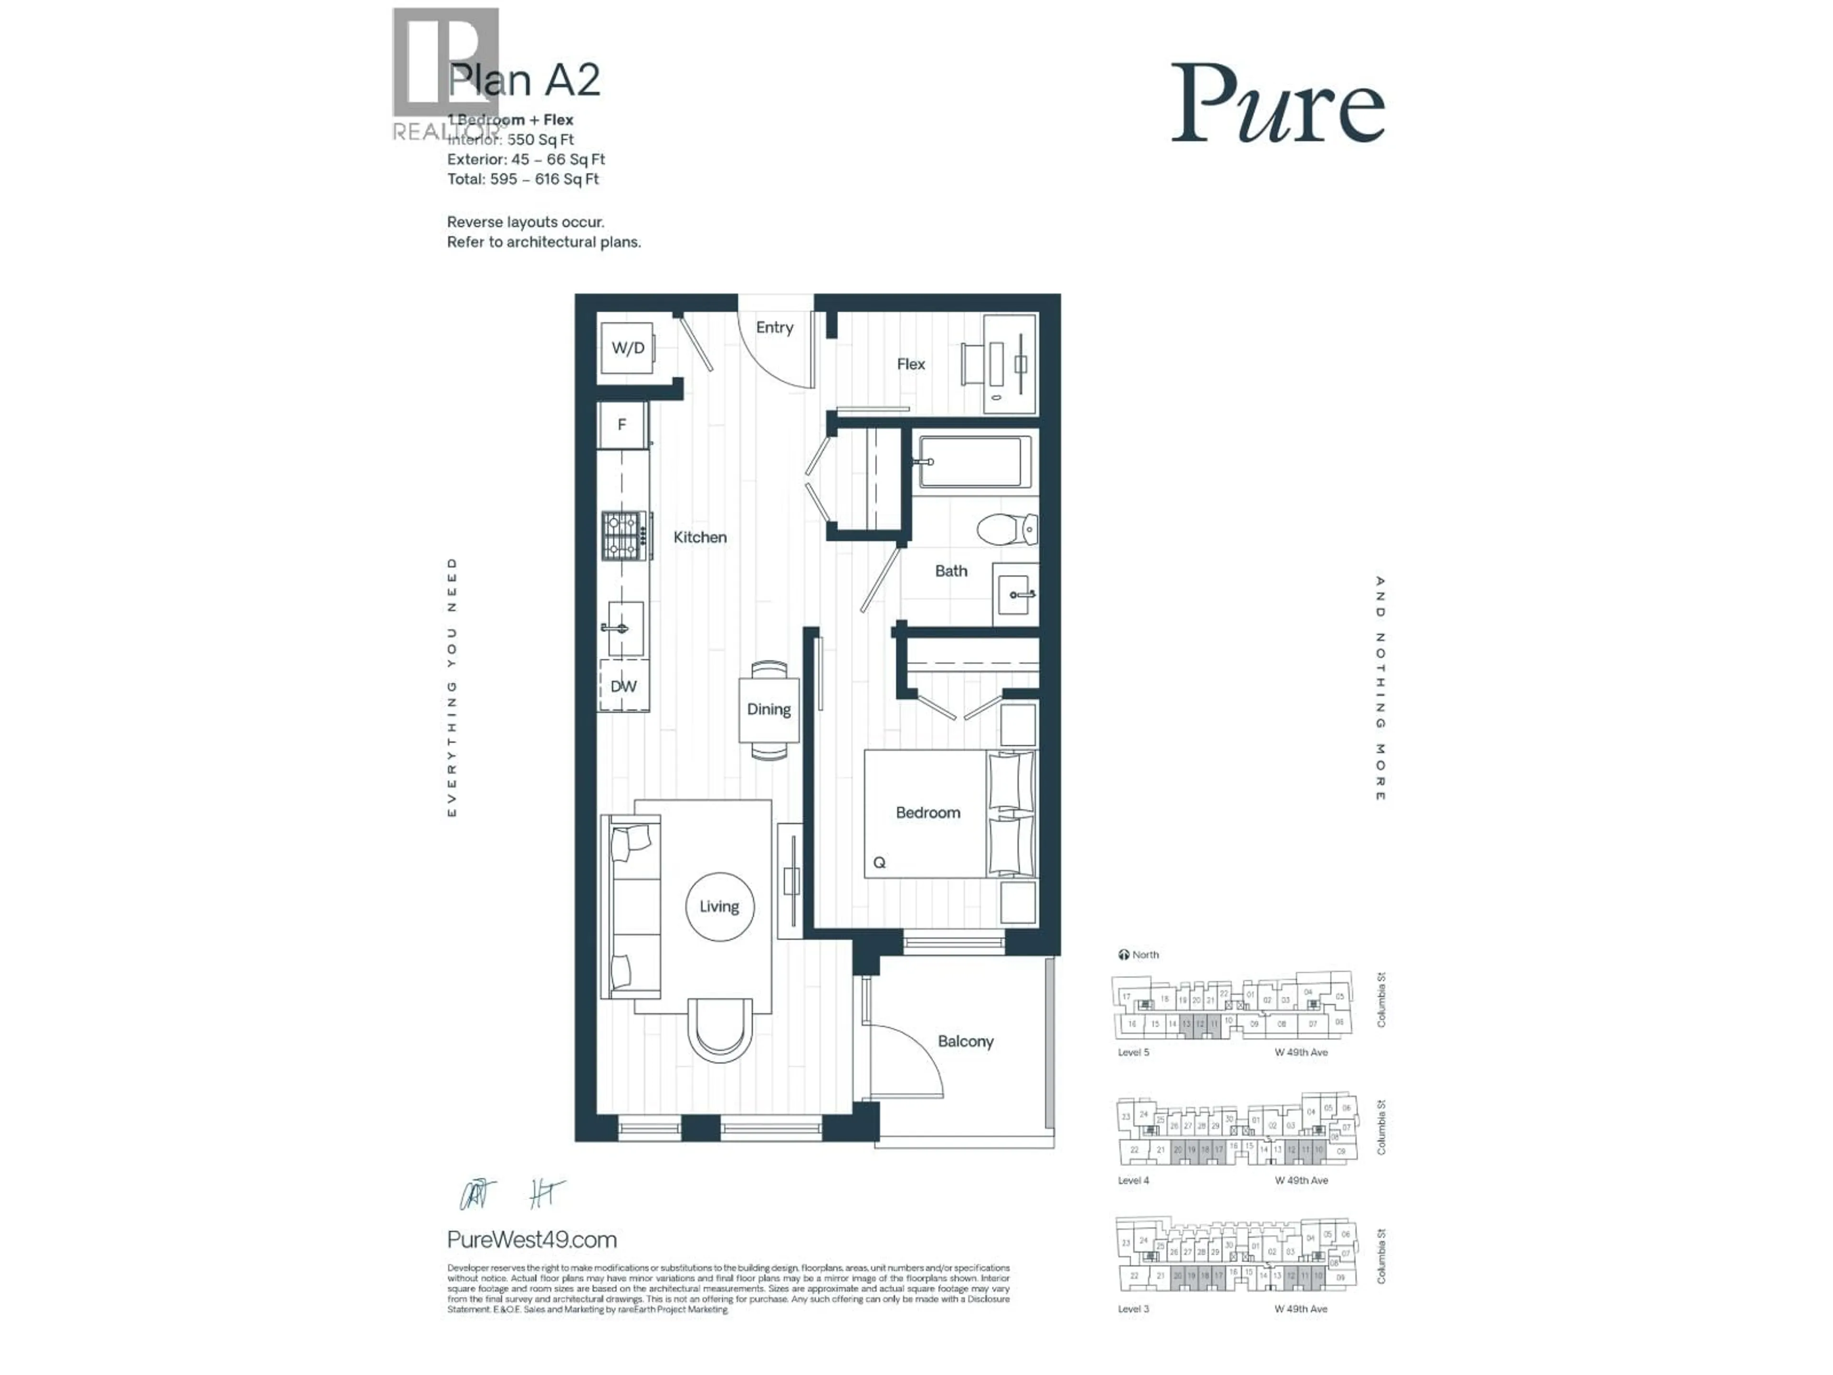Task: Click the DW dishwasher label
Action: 623,686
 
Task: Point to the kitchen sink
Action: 622,628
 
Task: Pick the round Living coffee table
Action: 719,907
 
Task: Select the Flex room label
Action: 911,364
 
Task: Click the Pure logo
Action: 1277,105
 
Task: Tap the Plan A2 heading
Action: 524,80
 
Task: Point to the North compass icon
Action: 1124,955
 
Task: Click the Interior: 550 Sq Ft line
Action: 510,139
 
